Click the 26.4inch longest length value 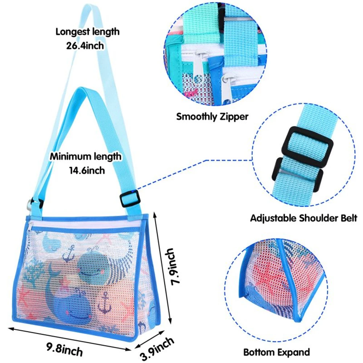[87, 45]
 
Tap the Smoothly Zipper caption [212, 117]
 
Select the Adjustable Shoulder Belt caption [304, 218]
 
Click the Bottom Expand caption [277, 352]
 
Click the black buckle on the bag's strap [130, 199]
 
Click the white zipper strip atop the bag [87, 224]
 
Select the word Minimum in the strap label [69, 157]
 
